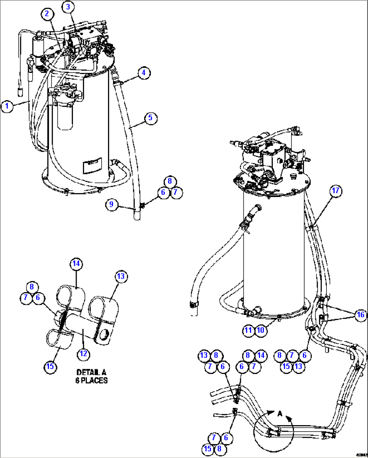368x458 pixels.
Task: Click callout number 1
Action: click(x=7, y=106)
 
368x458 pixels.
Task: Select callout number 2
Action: click(x=47, y=14)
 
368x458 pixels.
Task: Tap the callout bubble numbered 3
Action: click(x=68, y=7)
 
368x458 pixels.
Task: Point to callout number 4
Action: click(x=144, y=73)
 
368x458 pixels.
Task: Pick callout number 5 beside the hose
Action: click(x=151, y=118)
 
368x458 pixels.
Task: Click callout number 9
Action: click(x=112, y=204)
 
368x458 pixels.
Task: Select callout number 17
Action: click(x=336, y=191)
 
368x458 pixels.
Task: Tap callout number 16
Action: click(x=361, y=315)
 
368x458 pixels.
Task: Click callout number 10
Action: click(x=261, y=330)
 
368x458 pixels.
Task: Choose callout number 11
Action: click(x=248, y=330)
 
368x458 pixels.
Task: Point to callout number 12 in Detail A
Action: click(x=83, y=354)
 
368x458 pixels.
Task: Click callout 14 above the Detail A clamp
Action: click(x=76, y=264)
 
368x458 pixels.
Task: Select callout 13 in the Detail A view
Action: click(x=121, y=276)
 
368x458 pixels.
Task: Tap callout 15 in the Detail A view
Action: click(x=50, y=366)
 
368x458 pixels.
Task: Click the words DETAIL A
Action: click(x=91, y=372)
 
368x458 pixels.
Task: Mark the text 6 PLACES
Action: click(x=91, y=380)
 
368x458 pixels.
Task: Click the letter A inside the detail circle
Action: click(x=280, y=414)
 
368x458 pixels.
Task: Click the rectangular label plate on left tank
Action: click(x=92, y=165)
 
